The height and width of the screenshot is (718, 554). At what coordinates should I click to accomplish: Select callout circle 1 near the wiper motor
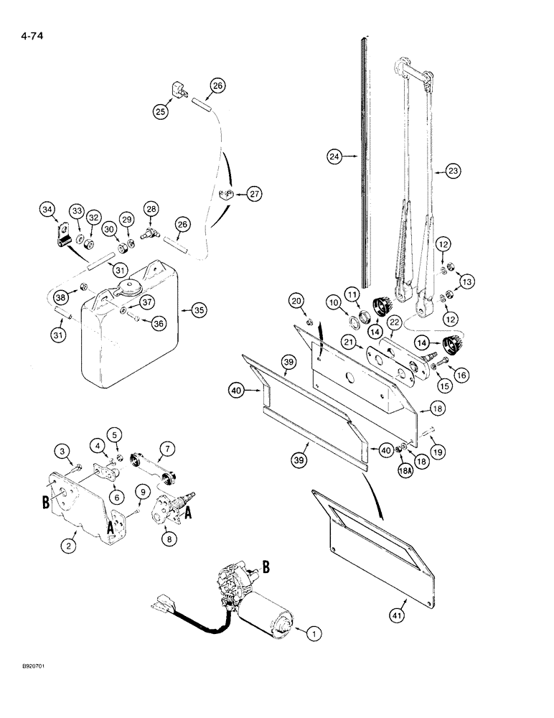point(312,633)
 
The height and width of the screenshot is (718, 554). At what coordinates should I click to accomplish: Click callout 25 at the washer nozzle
point(159,111)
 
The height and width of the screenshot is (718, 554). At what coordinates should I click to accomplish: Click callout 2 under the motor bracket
point(68,546)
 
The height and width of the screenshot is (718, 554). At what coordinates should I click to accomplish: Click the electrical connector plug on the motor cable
point(164,599)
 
